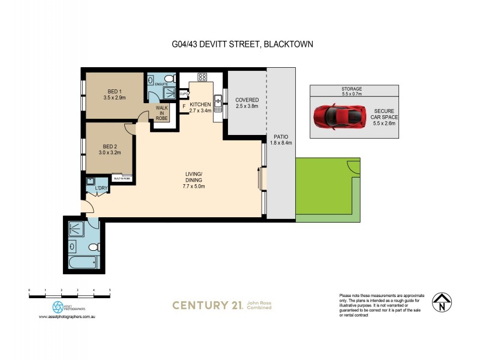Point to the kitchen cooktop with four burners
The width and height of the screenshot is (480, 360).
pyautogui.click(x=202, y=77)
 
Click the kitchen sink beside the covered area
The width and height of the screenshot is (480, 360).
pyautogui.click(x=218, y=102)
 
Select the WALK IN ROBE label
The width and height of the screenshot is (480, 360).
pyautogui.click(x=162, y=113)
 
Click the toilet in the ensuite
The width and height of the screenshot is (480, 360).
pyautogui.click(x=169, y=79)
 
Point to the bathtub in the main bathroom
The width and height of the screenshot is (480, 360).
pyautogui.click(x=82, y=262)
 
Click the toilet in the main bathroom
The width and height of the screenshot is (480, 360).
pyautogui.click(x=94, y=247)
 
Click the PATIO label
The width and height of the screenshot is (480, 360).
pyautogui.click(x=281, y=140)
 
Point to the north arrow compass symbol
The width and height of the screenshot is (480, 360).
pyautogui.click(x=442, y=303)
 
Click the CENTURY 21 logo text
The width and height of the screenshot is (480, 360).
pyautogui.click(x=208, y=305)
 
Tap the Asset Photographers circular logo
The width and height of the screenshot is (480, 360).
pyautogui.click(x=58, y=307)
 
